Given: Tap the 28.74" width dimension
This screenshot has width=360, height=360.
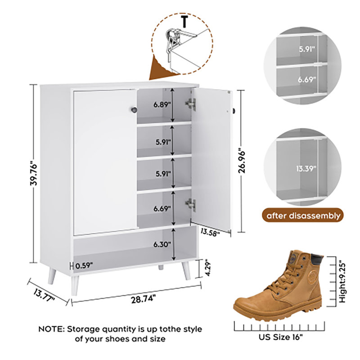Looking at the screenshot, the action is coord(144,300).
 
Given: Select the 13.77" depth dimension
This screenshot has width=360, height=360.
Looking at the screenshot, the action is coord(44,295).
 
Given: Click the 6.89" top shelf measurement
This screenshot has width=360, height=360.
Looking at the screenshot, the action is coord(162,105).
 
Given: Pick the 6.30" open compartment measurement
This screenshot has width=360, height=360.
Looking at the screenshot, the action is coord(162,244).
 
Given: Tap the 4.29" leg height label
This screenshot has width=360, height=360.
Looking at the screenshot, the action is coord(207,268).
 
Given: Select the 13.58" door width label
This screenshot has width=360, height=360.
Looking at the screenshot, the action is coord(210,232).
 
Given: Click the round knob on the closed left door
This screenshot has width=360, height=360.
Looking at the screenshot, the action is coord(134,110).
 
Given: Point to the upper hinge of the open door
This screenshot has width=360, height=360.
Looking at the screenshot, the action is coord(191,104).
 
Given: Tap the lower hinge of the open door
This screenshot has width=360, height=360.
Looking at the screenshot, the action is coord(191,204).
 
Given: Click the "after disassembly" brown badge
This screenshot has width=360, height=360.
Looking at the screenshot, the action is coord(303,216).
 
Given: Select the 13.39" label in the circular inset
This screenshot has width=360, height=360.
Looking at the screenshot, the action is coord(306,169).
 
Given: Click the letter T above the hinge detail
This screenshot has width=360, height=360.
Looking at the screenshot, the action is coord(184,21).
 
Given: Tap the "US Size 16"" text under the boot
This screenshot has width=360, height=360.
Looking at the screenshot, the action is coord(280,337).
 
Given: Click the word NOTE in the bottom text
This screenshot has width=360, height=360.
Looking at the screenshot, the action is coord(51,329).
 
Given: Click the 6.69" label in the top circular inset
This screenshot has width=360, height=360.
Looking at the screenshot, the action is coord(307,80).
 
